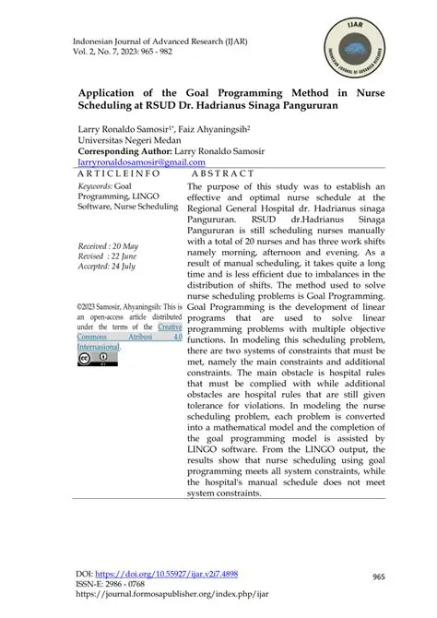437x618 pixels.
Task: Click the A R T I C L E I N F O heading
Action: point(119,173)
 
